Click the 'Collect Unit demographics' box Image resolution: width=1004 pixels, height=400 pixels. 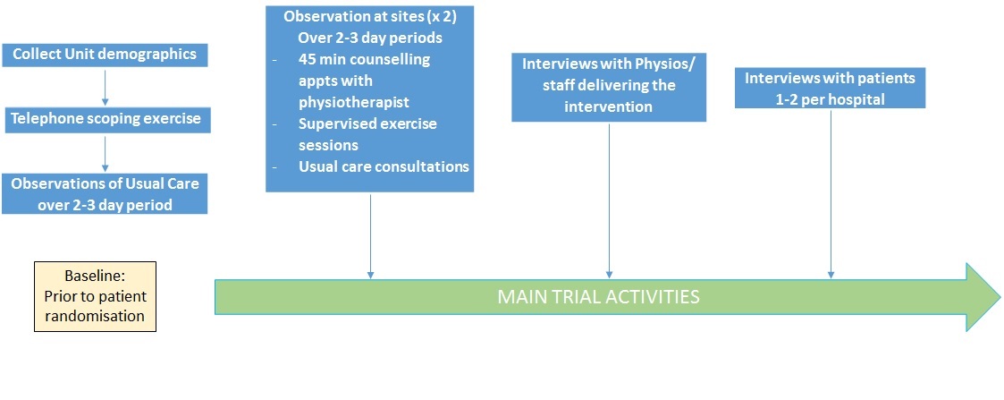click(105, 55)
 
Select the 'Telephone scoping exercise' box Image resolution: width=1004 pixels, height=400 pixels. click(107, 120)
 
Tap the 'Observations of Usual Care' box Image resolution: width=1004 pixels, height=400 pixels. click(105, 193)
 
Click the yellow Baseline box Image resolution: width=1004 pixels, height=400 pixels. click(96, 296)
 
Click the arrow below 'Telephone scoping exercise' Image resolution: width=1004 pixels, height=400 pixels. click(105, 152)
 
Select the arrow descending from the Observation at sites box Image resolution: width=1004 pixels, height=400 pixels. click(370, 235)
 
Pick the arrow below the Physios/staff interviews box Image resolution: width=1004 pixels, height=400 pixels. click(609, 200)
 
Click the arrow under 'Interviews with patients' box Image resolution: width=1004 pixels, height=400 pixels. click(831, 193)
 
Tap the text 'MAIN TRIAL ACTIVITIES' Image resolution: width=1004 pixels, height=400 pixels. click(599, 297)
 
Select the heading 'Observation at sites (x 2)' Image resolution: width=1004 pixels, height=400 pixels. click(370, 17)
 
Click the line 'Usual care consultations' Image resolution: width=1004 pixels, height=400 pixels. click(384, 166)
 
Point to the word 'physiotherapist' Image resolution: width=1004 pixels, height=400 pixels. click(354, 103)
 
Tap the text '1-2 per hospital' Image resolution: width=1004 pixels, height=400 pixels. click(830, 99)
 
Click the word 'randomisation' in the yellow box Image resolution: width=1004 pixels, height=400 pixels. click(95, 316)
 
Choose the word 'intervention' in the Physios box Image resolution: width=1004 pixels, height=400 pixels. click(608, 106)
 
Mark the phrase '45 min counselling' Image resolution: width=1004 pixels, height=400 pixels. click(364, 60)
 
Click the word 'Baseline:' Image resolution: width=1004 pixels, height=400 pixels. click(96, 277)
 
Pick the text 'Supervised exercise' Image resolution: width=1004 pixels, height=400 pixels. click(367, 123)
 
